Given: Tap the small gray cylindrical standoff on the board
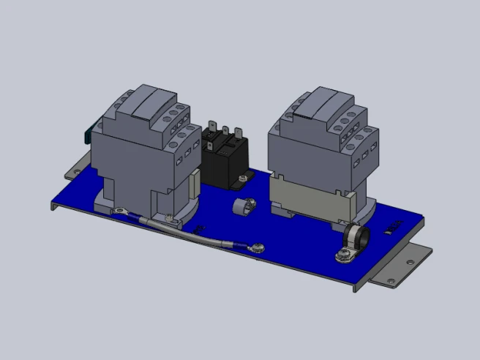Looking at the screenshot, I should point(242,206).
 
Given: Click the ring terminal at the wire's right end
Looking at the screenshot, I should point(256,247).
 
